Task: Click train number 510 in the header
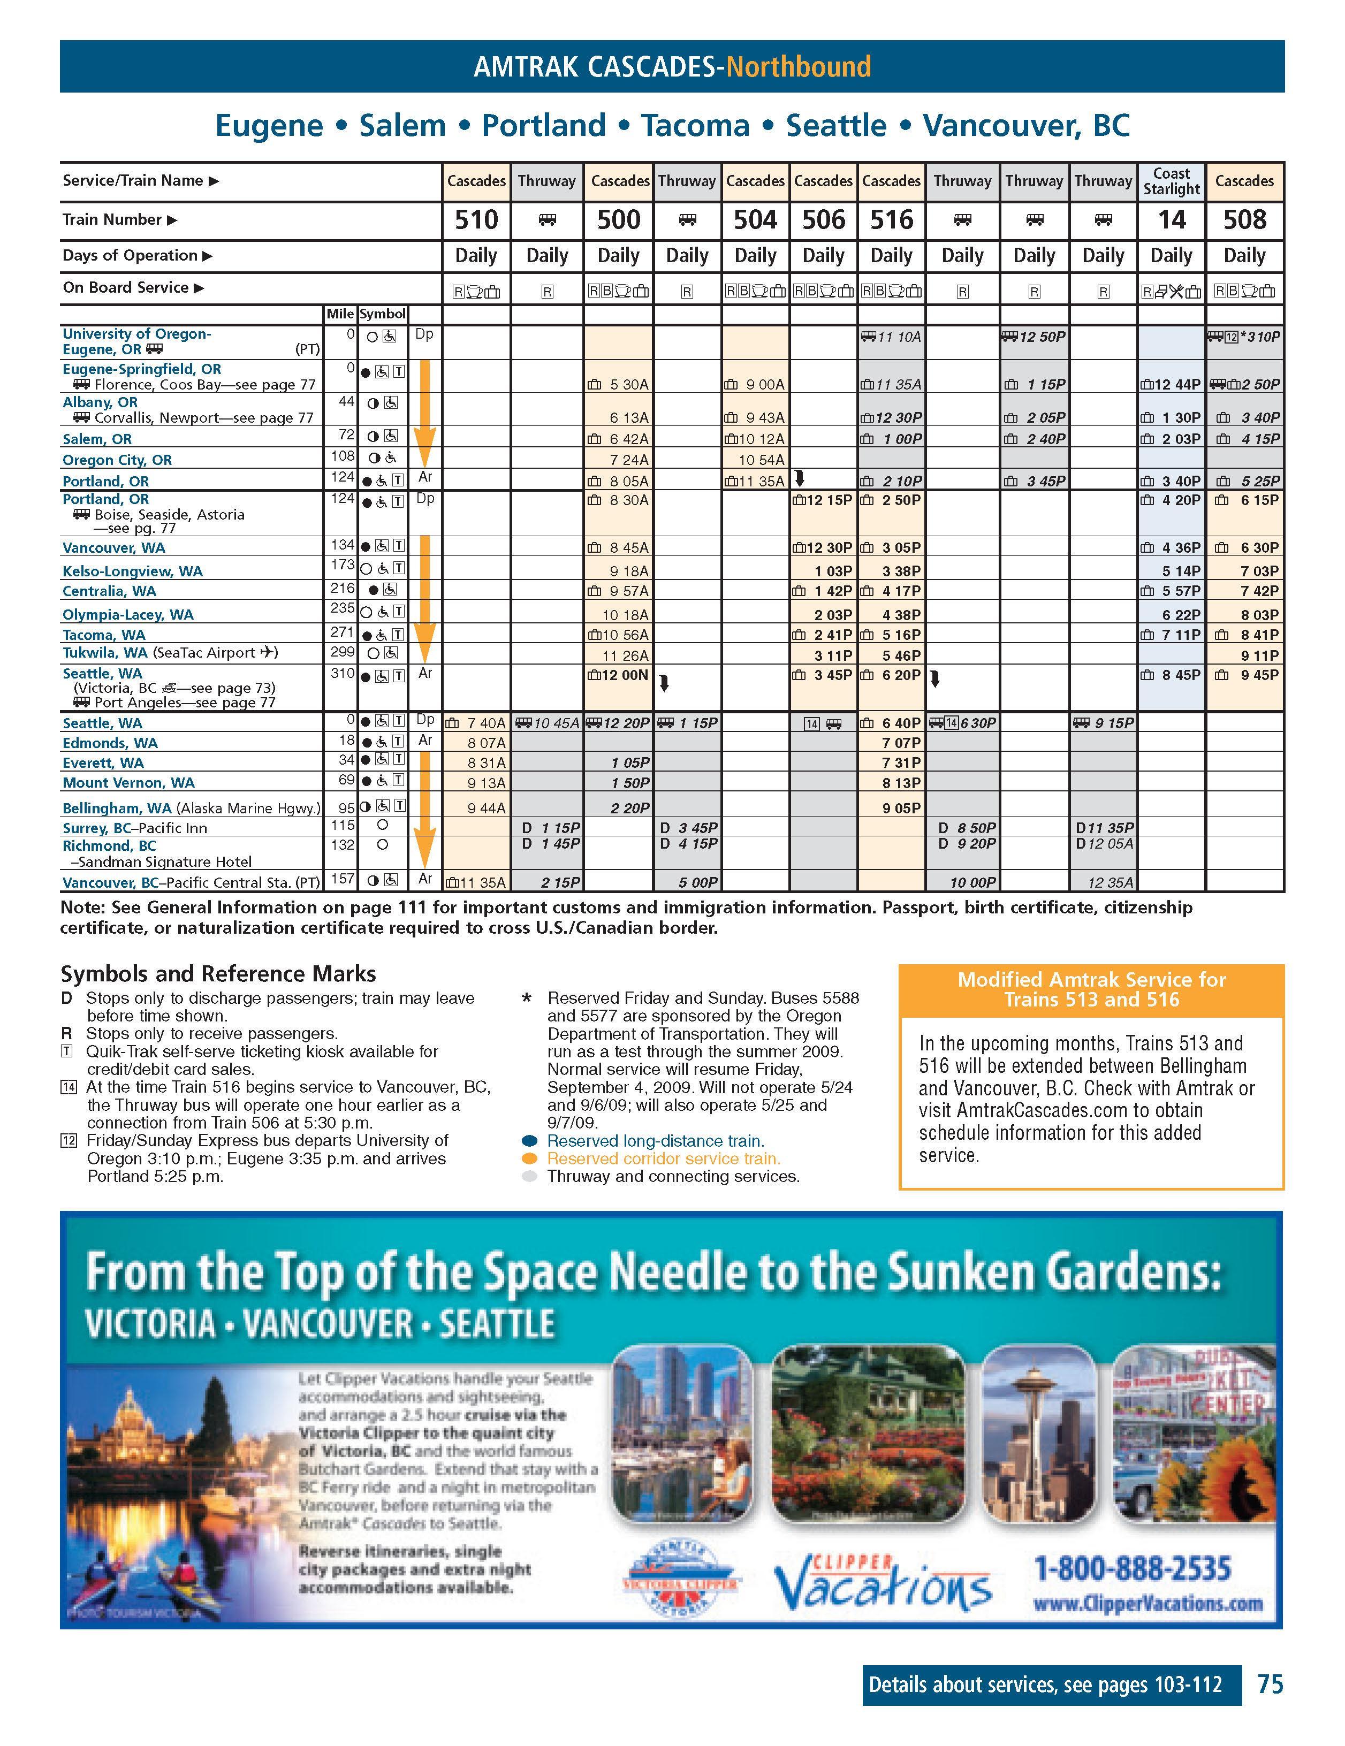tap(476, 220)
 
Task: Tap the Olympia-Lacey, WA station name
tap(128, 615)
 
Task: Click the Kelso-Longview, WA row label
tap(133, 571)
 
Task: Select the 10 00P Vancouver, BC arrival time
tap(972, 882)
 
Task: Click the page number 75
tap(1270, 1684)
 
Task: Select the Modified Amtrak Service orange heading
tap(1091, 990)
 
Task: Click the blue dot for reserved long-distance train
tap(529, 1141)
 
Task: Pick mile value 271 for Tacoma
tap(342, 633)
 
